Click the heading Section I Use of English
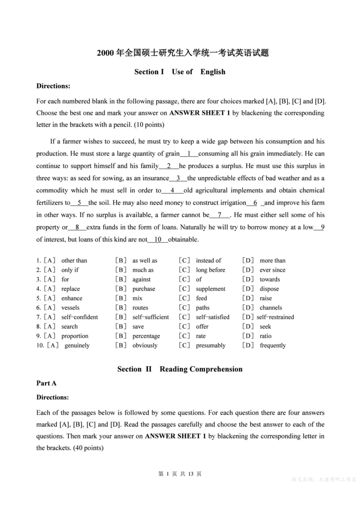(180, 71)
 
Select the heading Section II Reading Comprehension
(180, 369)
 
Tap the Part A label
(46, 384)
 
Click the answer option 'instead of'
(208, 260)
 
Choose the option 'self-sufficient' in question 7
(150, 317)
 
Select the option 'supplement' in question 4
(211, 289)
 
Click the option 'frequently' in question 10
(272, 345)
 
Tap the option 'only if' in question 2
(70, 270)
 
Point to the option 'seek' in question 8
(265, 326)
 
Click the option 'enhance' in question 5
(72, 298)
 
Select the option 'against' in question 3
(141, 279)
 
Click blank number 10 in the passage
(158, 239)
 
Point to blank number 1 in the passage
(189, 154)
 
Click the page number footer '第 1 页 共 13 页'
(180, 474)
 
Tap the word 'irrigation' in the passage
(230, 203)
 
